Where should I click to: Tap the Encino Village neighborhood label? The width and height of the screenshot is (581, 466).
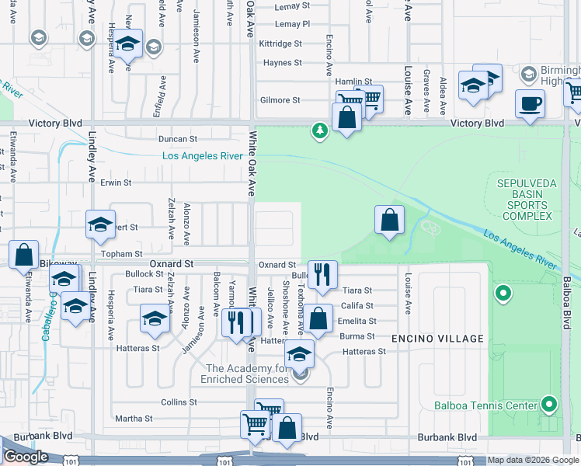pyautogui.click(x=438, y=339)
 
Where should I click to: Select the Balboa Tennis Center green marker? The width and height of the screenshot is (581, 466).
pyautogui.click(x=550, y=404)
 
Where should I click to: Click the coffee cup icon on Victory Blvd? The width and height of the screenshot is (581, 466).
pyautogui.click(x=530, y=103)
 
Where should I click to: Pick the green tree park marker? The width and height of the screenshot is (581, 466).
pyautogui.click(x=319, y=130)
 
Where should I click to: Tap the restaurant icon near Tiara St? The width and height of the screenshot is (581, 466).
pyautogui.click(x=322, y=273)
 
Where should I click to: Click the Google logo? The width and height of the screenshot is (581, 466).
pyautogui.click(x=26, y=457)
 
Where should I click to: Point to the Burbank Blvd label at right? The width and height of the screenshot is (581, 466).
pyautogui.click(x=447, y=437)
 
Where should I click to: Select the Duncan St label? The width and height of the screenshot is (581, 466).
pyautogui.click(x=178, y=139)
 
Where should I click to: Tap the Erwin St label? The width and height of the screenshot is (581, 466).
pyautogui.click(x=116, y=183)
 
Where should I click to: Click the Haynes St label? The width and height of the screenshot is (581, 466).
pyautogui.click(x=282, y=63)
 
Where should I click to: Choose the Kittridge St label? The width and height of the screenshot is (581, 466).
pyautogui.click(x=280, y=44)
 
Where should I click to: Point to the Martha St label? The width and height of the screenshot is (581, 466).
pyautogui.click(x=134, y=419)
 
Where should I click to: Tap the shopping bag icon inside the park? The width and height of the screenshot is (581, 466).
pyautogui.click(x=389, y=220)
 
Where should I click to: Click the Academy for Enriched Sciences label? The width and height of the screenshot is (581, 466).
pyautogui.click(x=247, y=374)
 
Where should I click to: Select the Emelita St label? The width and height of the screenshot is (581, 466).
pyautogui.click(x=358, y=321)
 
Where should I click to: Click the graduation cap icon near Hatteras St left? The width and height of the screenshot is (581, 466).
pyautogui.click(x=155, y=318)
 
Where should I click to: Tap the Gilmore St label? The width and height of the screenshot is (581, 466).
pyautogui.click(x=280, y=100)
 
